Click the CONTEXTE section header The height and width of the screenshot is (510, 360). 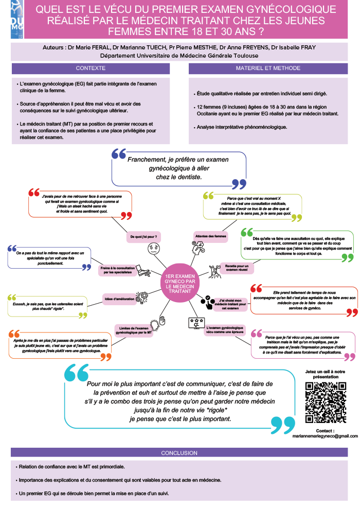click(x=90, y=68)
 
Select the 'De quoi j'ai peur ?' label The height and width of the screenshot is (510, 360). click(x=144, y=237)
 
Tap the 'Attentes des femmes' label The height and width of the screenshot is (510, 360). click(x=211, y=236)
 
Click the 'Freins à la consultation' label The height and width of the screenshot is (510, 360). click(x=117, y=270)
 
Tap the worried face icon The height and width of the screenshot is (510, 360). click(x=153, y=249)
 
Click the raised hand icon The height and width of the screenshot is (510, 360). click(x=162, y=321)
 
